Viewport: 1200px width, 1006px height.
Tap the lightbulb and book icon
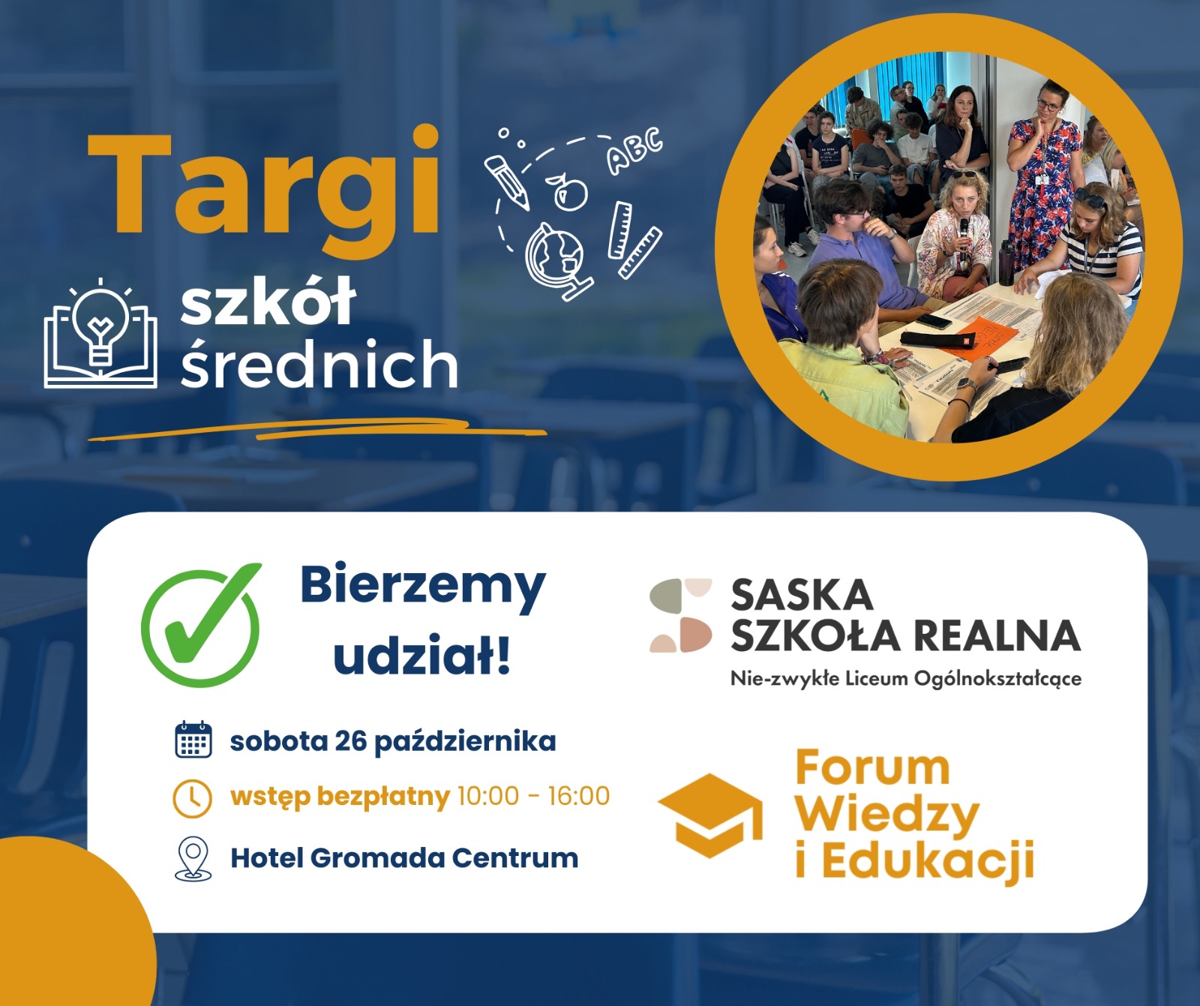click(100, 335)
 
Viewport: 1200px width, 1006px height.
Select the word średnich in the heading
click(319, 364)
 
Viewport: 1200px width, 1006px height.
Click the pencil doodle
click(507, 181)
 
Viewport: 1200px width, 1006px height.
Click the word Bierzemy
click(423, 587)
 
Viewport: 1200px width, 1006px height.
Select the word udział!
click(422, 654)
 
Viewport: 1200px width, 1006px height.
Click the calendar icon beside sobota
click(193, 740)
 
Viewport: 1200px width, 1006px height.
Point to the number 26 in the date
click(350, 741)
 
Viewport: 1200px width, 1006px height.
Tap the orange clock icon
click(193, 797)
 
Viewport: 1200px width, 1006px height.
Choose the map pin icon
click(193, 858)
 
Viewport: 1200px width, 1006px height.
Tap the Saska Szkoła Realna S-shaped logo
click(681, 615)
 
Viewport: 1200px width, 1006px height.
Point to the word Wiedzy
click(887, 815)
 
